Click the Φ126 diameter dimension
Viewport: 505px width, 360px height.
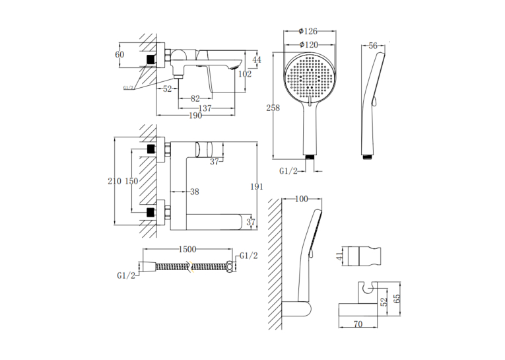coord(308,31)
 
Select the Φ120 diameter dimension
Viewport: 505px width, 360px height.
coord(308,45)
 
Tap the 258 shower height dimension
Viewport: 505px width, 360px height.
coord(273,108)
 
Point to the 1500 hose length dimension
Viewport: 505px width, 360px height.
coord(187,249)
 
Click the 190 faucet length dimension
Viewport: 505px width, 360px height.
coord(195,116)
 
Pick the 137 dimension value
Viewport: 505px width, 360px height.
coord(205,108)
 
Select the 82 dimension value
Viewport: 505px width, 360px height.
coord(195,98)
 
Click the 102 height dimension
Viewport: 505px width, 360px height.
coord(245,74)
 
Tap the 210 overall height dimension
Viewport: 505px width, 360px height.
coord(114,181)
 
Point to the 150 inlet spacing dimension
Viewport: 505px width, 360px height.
coord(131,181)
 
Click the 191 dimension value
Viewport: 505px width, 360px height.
coord(257,186)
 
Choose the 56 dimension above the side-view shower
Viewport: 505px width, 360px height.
coord(373,46)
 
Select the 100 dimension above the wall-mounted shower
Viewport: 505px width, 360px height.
coord(302,199)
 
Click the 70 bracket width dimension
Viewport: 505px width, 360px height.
coord(358,324)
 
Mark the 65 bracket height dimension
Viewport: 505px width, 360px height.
coord(397,299)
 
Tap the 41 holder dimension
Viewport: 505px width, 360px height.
coord(340,256)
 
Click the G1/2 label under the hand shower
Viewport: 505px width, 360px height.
coord(288,171)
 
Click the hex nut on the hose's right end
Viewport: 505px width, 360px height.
coord(230,267)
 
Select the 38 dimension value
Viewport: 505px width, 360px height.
coord(195,192)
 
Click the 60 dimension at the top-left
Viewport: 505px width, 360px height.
coord(119,54)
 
